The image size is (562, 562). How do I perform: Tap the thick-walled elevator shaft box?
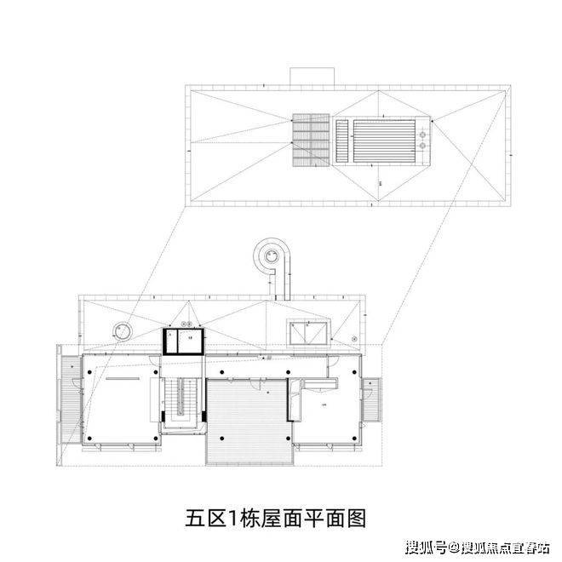pos(185,340)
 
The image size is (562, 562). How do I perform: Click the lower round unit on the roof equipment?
pos(423,146)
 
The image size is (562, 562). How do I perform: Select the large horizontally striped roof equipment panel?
pos(382,139)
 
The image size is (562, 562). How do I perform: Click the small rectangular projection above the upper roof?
pos(311,77)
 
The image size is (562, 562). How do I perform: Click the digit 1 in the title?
pos(232,517)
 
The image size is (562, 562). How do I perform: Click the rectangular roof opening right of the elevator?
pos(308,333)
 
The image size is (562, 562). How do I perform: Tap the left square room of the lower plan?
pos(119,400)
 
